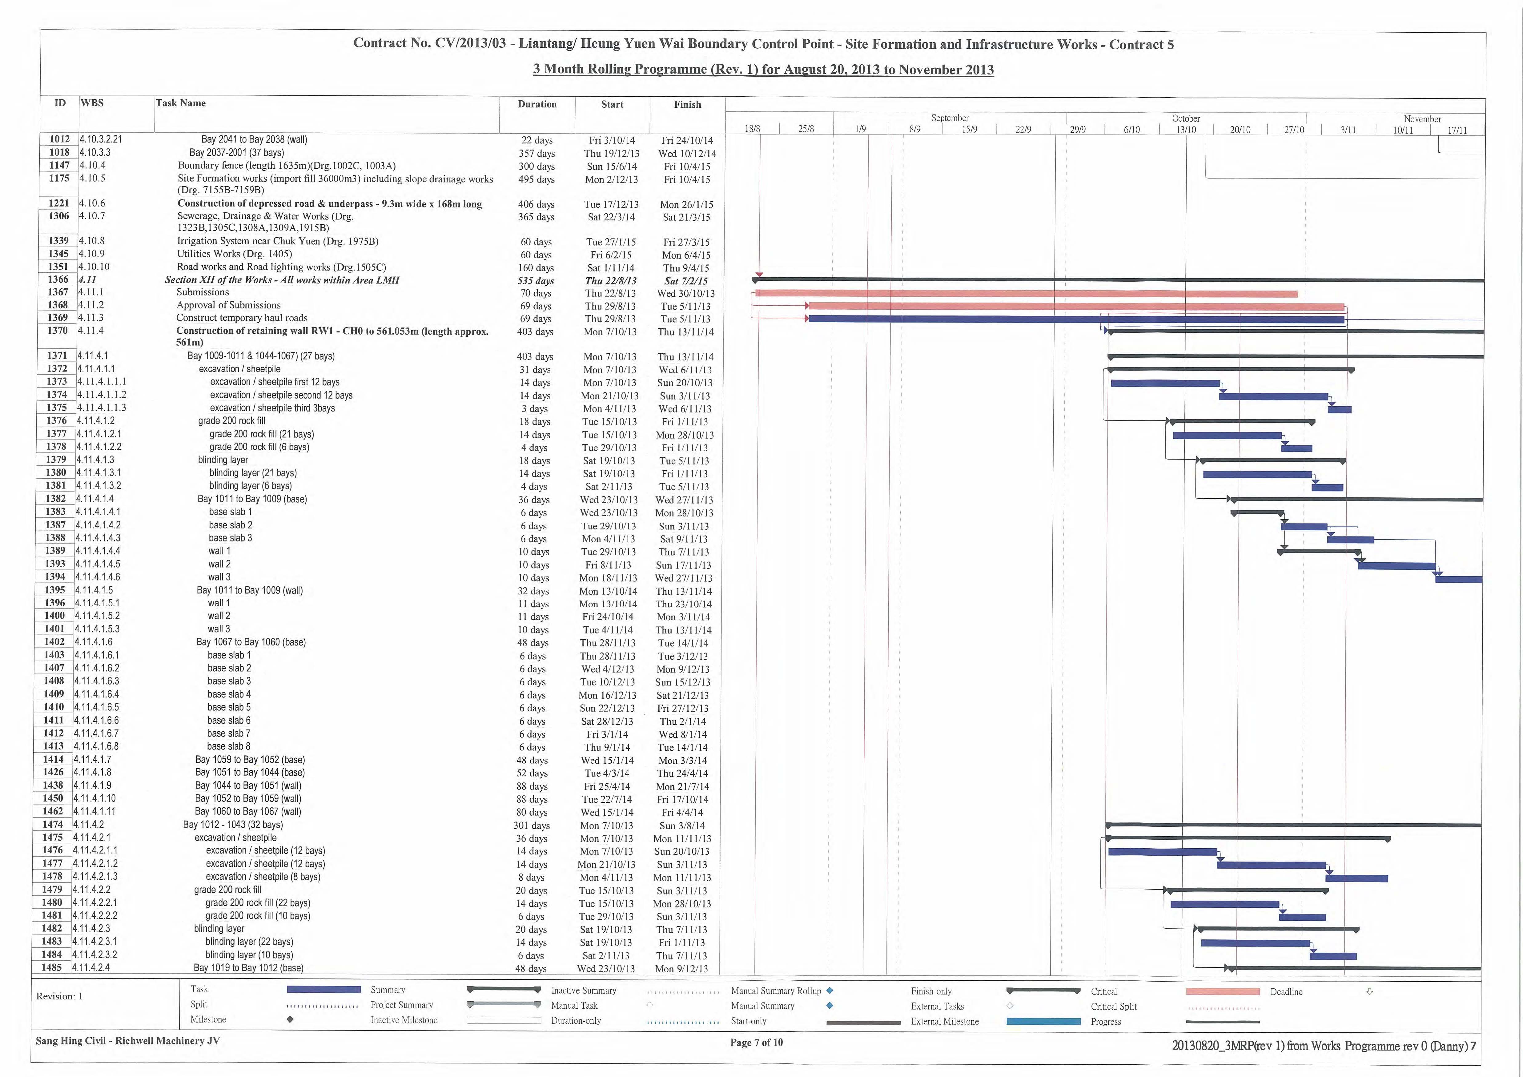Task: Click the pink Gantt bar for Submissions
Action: pos(1026,293)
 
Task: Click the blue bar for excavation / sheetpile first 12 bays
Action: pos(1165,383)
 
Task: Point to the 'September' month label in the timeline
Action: pos(950,118)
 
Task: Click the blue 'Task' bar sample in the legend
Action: pos(324,990)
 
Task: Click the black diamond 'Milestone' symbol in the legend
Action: pos(290,1020)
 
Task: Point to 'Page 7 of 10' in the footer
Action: pos(756,1043)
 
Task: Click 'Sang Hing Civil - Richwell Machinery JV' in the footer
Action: pos(127,1040)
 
